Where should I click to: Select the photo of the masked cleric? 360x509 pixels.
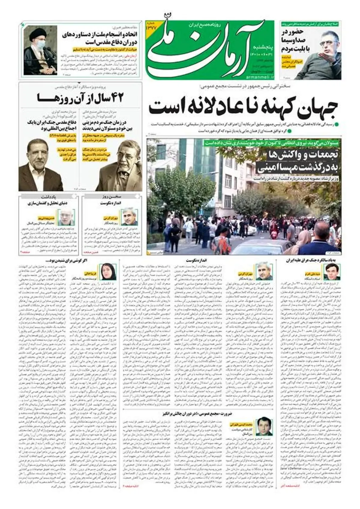point(36,50)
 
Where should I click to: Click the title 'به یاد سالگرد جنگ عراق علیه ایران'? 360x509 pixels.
point(314,260)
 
